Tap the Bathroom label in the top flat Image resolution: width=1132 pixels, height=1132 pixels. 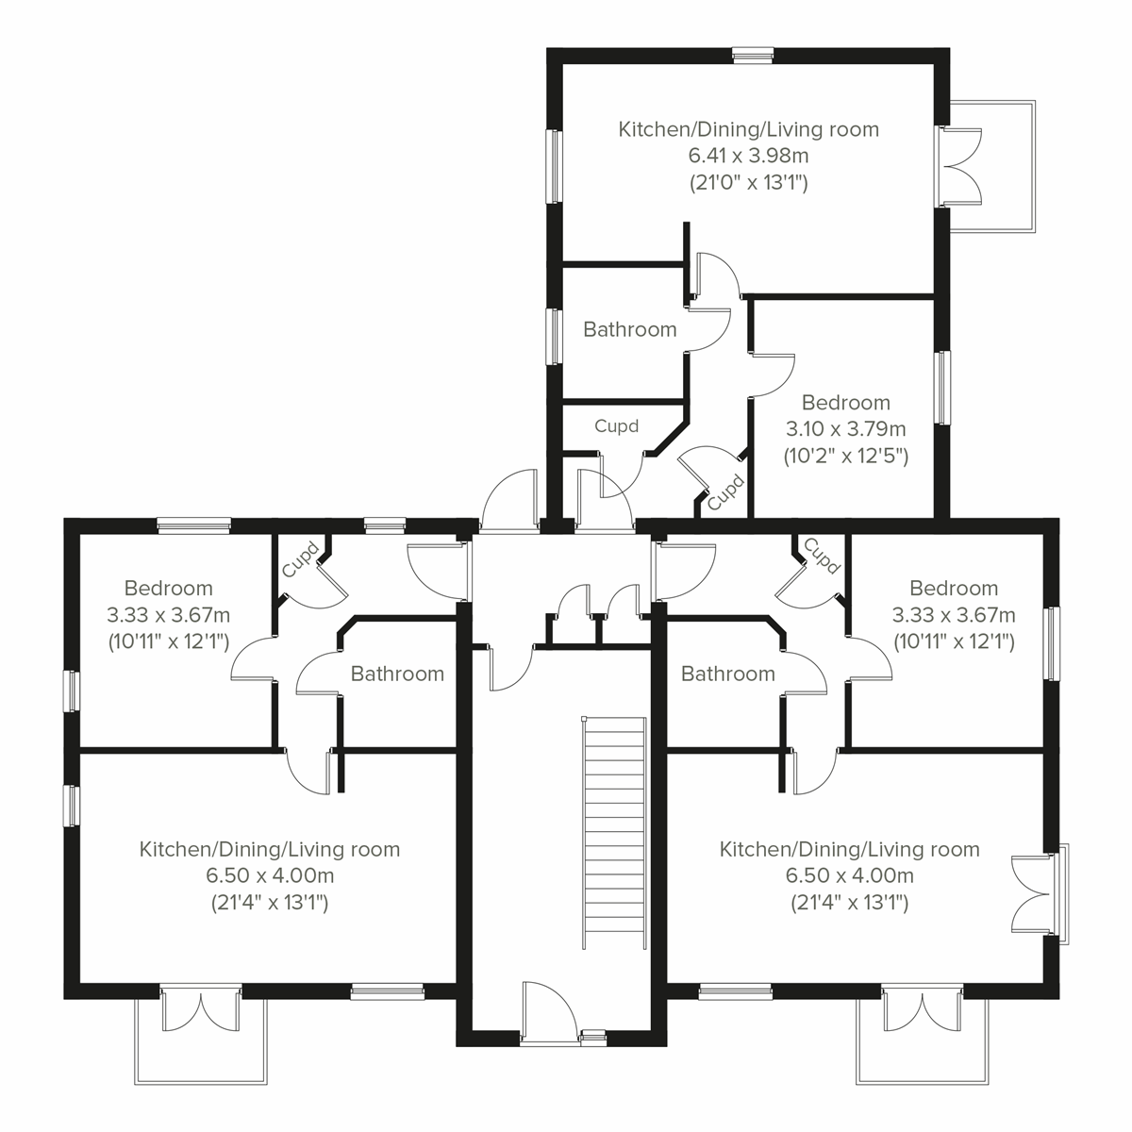[x=629, y=329]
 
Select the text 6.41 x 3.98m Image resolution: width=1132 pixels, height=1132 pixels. [x=748, y=156]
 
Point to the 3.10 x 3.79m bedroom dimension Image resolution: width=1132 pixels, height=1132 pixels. [x=845, y=430]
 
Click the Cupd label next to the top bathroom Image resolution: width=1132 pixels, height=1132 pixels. [x=616, y=425]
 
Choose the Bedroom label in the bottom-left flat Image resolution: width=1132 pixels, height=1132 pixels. [x=168, y=589]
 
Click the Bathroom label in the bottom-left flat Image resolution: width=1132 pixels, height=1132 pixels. [x=397, y=674]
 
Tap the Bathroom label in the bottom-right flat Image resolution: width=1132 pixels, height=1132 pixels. [x=727, y=674]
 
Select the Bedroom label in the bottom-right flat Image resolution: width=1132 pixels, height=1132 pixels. [x=954, y=589]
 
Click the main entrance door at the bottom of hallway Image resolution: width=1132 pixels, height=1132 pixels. [x=549, y=1014]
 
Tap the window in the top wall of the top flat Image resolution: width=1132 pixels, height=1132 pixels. [x=753, y=55]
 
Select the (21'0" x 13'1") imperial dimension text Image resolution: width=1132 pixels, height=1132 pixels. [x=748, y=183]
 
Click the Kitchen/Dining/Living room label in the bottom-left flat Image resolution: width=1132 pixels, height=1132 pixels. [x=269, y=849]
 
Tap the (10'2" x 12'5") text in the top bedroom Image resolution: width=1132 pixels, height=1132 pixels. [x=845, y=457]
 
